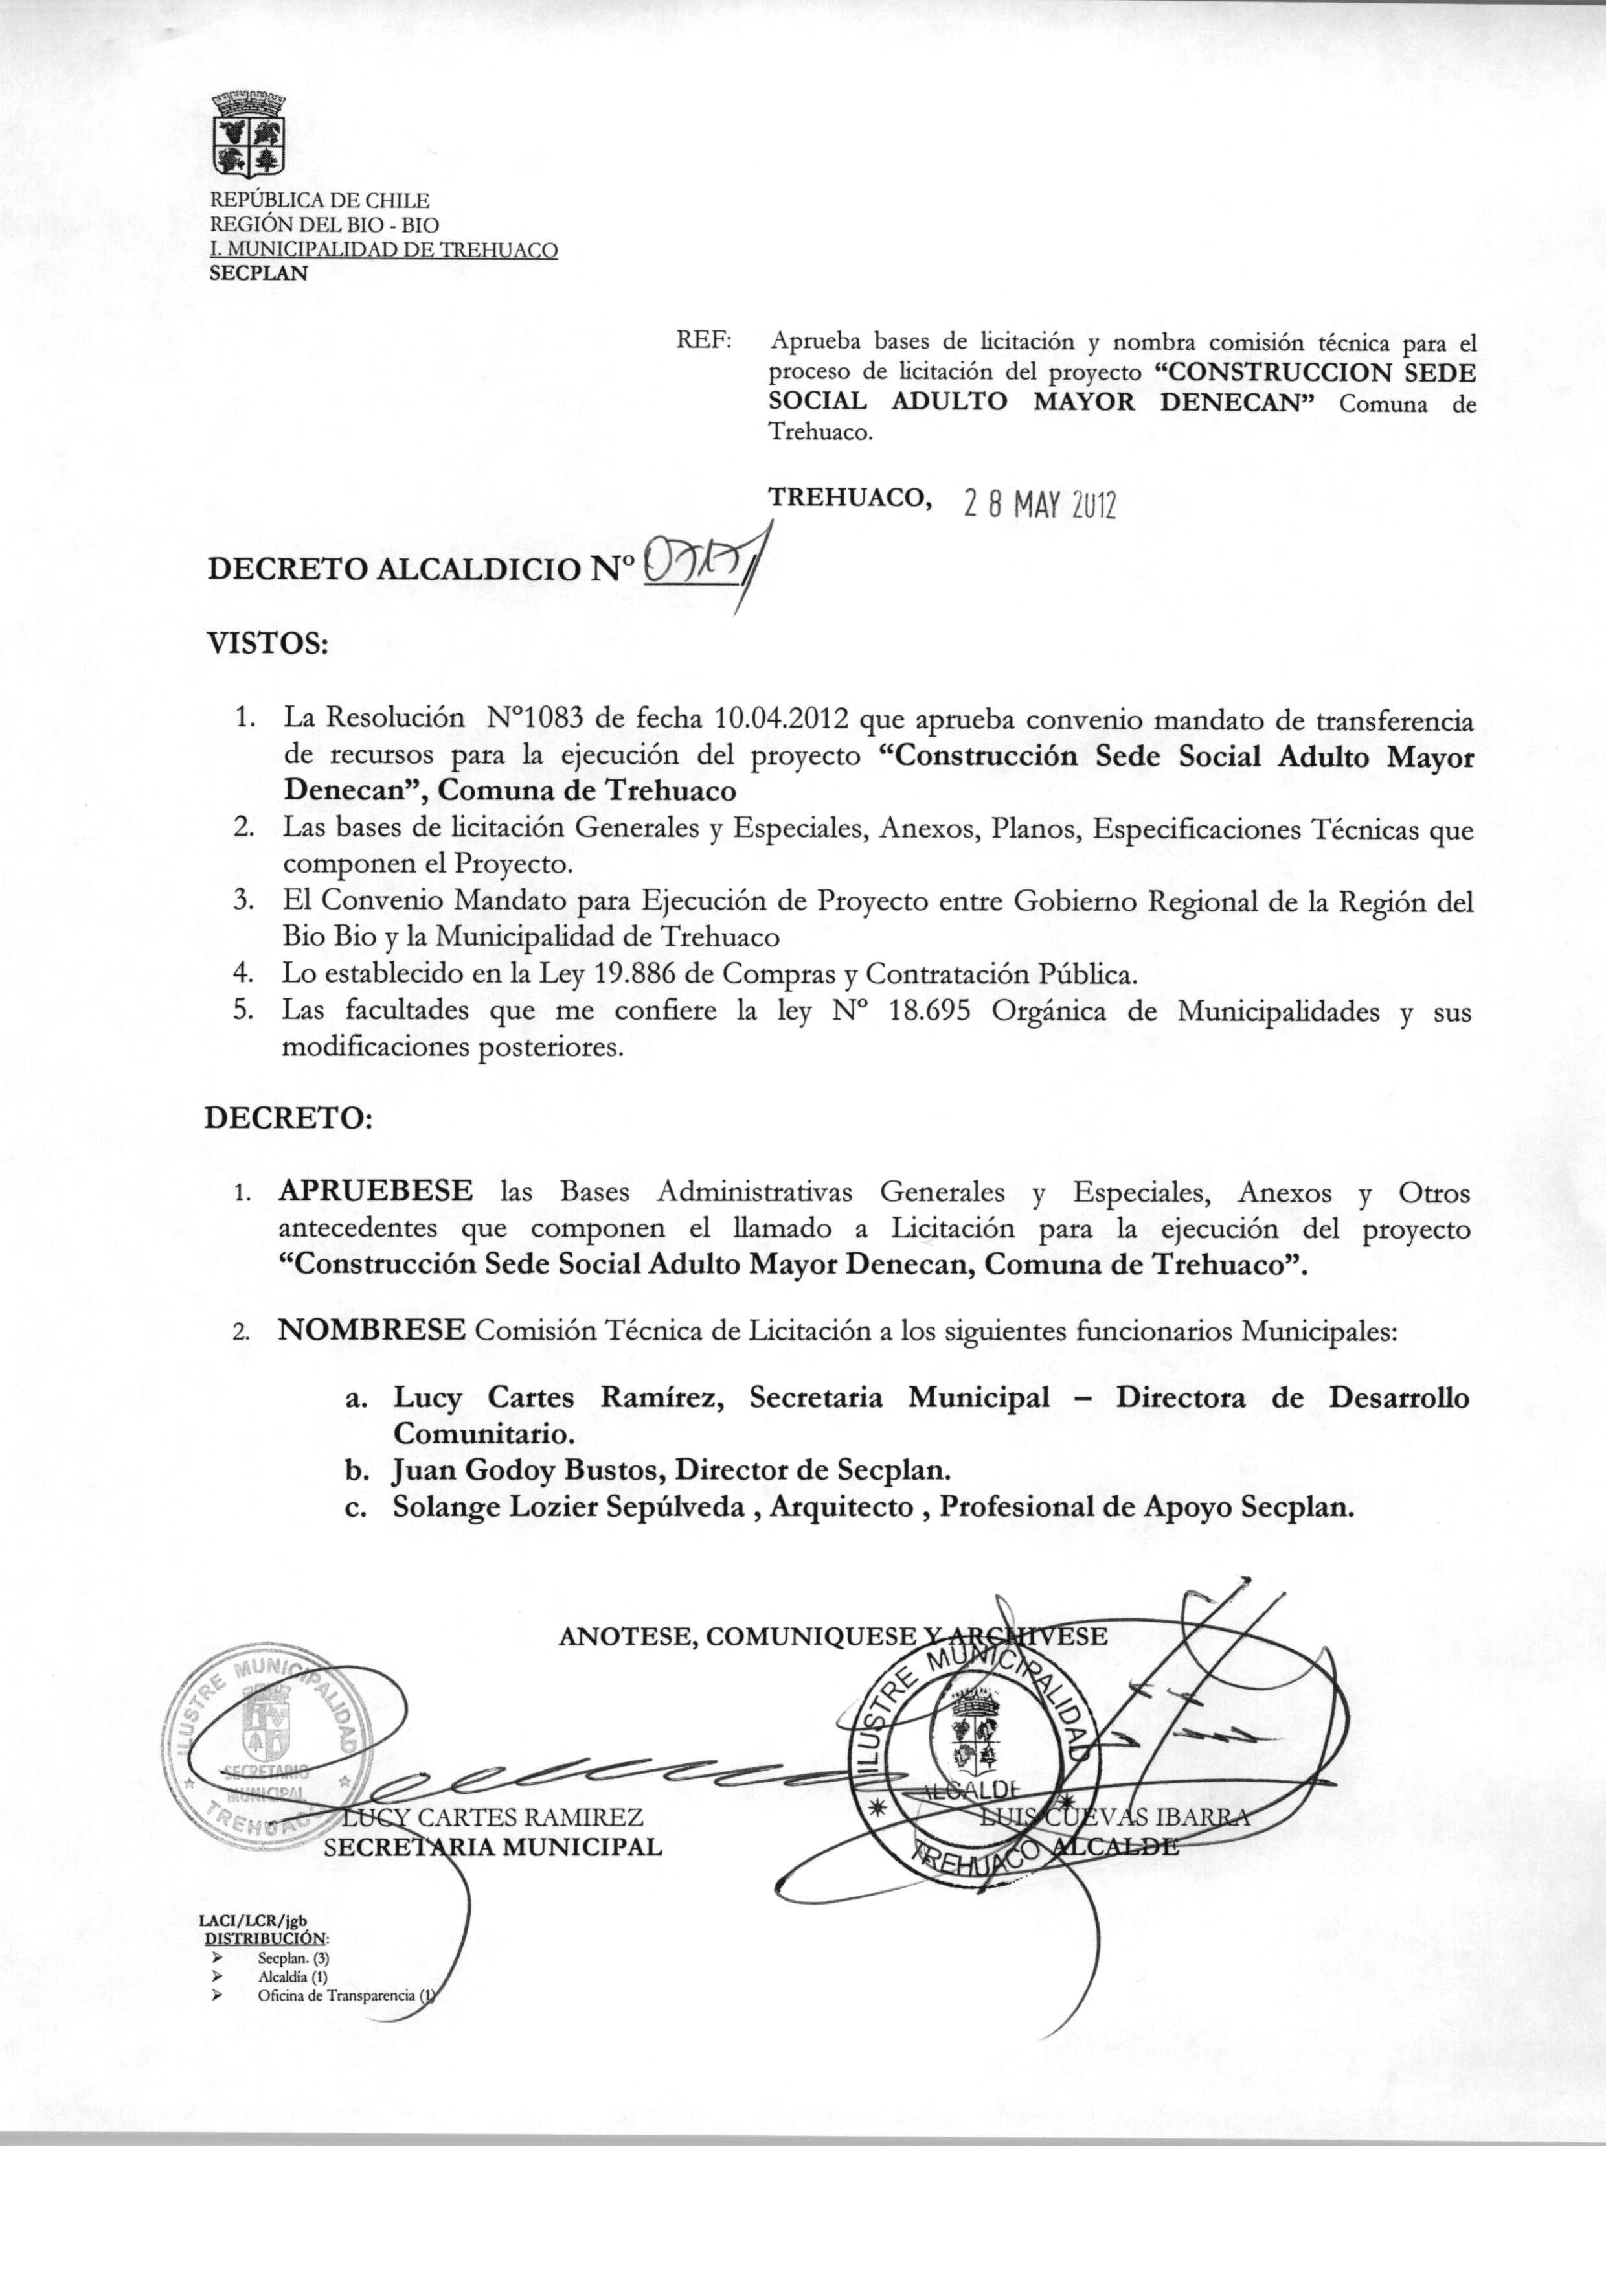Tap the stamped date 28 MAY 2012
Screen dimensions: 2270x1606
tap(1038, 507)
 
